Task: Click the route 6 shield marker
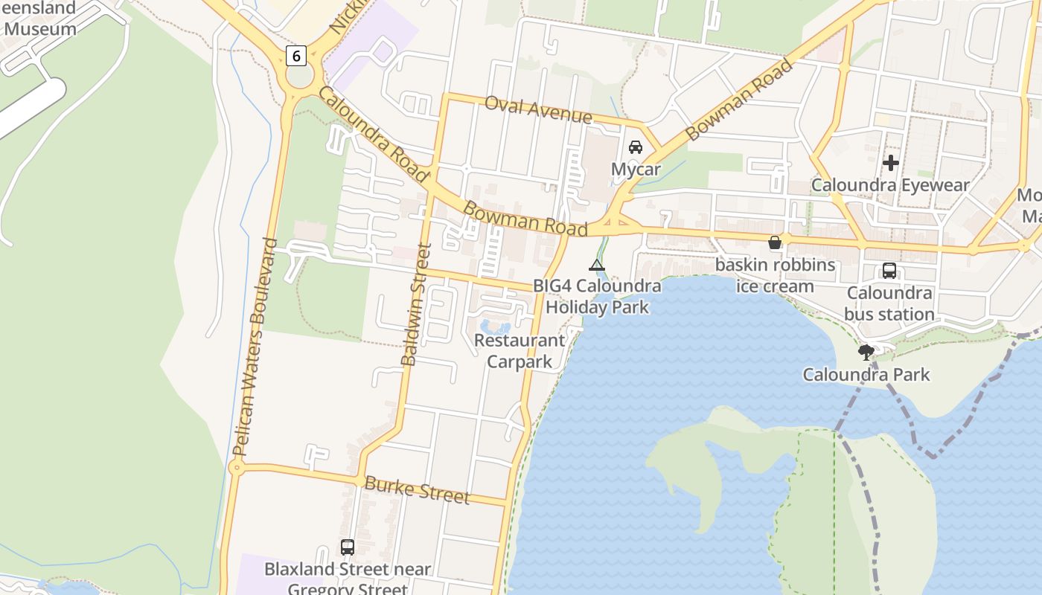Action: [x=296, y=55]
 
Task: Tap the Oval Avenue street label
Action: [x=538, y=109]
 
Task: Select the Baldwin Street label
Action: [x=416, y=305]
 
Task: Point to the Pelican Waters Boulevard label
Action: [x=255, y=347]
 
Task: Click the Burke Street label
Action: [x=417, y=489]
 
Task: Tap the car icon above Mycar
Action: [x=636, y=147]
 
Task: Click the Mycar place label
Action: [x=636, y=170]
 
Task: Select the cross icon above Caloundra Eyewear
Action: [x=890, y=163]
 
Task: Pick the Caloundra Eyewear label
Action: [x=890, y=185]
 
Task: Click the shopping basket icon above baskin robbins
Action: [x=775, y=242]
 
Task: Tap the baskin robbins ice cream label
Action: [x=775, y=275]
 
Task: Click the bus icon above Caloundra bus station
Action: [x=889, y=271]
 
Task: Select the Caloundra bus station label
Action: [x=889, y=303]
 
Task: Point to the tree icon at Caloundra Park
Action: [x=866, y=352]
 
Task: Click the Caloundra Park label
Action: [x=866, y=374]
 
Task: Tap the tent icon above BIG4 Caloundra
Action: [x=597, y=265]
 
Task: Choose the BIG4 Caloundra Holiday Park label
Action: [x=597, y=296]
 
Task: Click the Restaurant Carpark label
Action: [x=520, y=351]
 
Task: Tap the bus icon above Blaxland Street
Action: [x=348, y=547]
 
